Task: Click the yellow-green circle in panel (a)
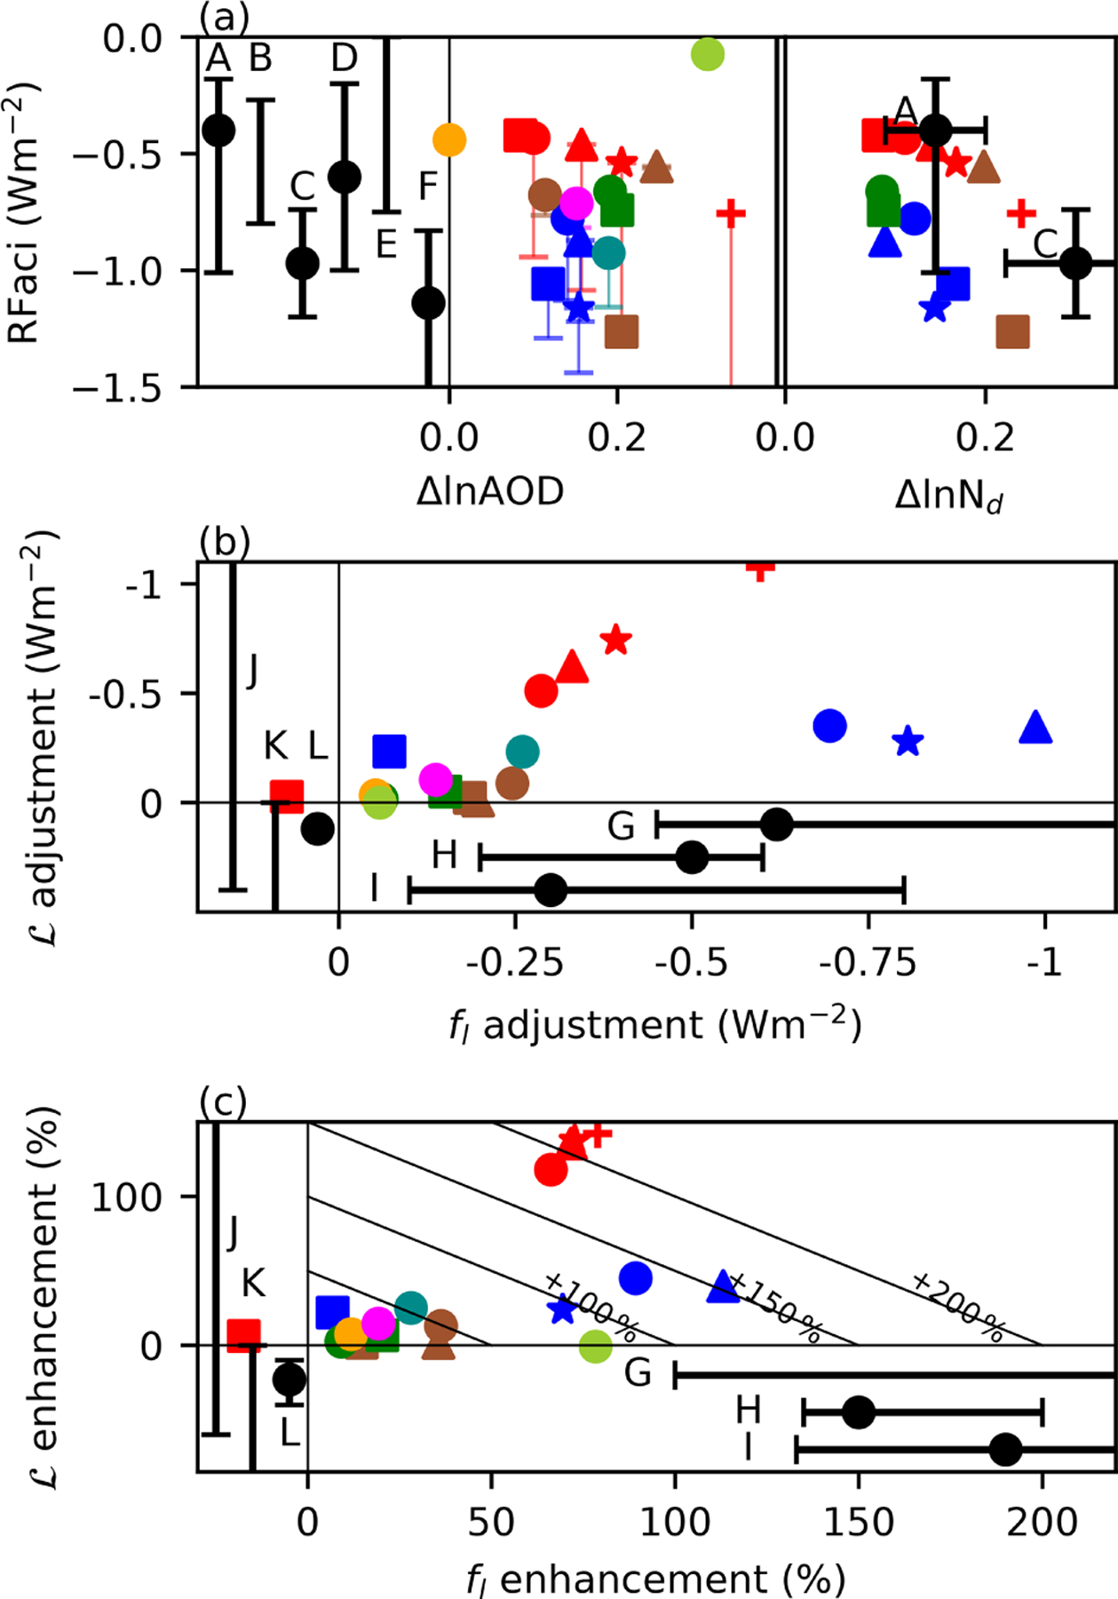pos(707,54)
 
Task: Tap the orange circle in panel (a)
pos(449,139)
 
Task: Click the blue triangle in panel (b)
pos(1035,728)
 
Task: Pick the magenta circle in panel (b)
pos(435,779)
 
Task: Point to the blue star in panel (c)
pos(562,1309)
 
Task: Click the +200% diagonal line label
pos(958,1307)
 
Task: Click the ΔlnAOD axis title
pos(490,491)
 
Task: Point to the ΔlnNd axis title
pos(948,495)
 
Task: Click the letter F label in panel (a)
pos(428,187)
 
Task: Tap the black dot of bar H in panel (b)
pos(692,857)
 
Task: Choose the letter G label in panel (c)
pos(638,1373)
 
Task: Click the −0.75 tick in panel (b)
pos(868,962)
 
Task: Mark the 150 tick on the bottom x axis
pos(858,1522)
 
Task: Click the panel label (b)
pos(224,541)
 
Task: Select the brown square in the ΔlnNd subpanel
pos(1012,331)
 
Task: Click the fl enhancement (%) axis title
pos(655,1579)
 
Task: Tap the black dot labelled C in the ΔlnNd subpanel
pos(1075,263)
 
